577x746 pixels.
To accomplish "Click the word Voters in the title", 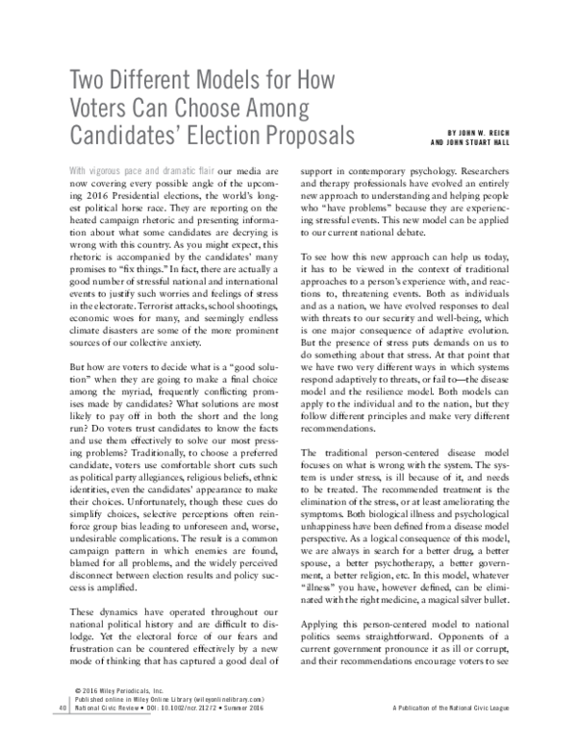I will [106, 104].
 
